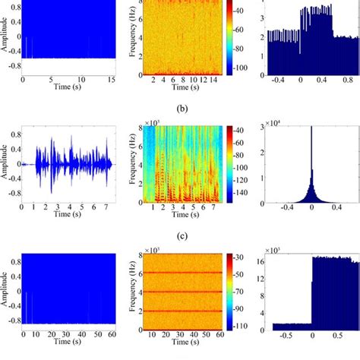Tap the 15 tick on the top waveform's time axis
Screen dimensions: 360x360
(112, 80)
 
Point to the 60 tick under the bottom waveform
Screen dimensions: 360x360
(112, 334)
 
